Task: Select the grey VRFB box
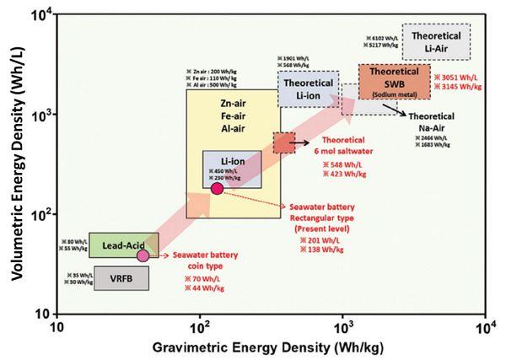coord(121,277)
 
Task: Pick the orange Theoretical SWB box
coord(395,82)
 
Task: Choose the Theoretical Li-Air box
coord(435,41)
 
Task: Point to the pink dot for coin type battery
coord(143,255)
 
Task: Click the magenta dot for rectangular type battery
coord(217,188)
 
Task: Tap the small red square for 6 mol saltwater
coord(284,143)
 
